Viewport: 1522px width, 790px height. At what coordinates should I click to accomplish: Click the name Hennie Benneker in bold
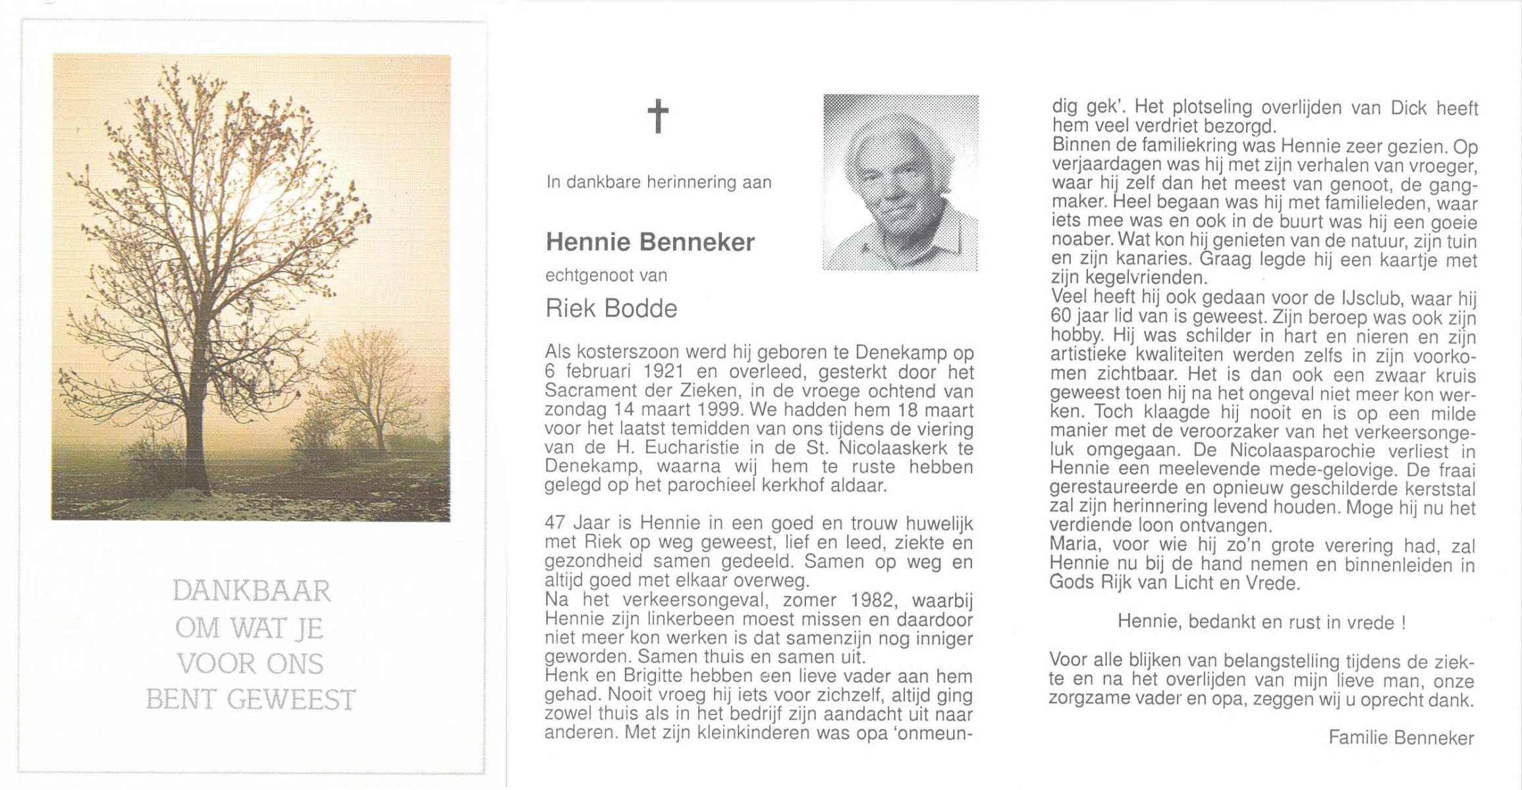pyautogui.click(x=650, y=243)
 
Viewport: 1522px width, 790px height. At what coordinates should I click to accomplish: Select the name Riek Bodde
pyautogui.click(x=611, y=308)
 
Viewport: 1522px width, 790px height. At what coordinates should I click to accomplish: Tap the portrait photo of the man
pyautogui.click(x=900, y=182)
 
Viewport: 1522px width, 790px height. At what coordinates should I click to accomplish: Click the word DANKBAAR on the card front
pyautogui.click(x=252, y=591)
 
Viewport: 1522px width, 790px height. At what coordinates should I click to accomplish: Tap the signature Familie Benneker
pyautogui.click(x=1401, y=738)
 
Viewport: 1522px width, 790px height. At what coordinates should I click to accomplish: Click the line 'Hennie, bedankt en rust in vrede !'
pyautogui.click(x=1262, y=622)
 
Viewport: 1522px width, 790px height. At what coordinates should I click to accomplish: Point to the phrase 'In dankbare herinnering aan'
pyautogui.click(x=659, y=182)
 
